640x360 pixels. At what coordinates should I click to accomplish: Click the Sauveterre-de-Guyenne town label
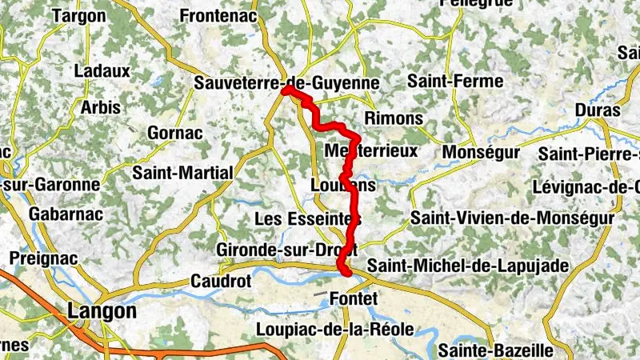286,82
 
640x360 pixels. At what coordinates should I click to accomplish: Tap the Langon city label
102,310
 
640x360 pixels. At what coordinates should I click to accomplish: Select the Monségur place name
480,151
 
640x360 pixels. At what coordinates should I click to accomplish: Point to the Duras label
598,110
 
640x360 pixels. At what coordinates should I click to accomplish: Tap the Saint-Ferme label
455,81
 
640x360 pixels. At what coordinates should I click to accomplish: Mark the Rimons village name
393,118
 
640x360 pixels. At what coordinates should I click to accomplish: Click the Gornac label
175,133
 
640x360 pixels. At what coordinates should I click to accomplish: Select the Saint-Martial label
182,172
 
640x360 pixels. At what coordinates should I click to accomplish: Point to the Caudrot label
221,281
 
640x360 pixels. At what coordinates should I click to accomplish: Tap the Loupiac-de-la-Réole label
334,329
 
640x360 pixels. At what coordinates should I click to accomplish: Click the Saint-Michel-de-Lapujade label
467,265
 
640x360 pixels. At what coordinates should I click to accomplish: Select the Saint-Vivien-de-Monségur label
512,218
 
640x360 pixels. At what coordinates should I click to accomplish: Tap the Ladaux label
102,70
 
